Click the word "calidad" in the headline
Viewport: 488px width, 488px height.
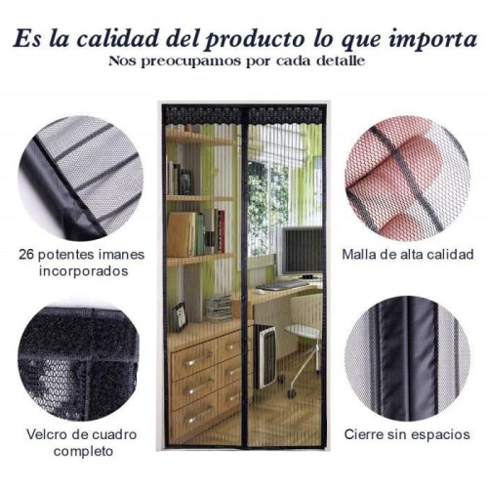point(118,39)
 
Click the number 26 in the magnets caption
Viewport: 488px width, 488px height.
point(26,254)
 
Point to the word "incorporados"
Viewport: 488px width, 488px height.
point(84,270)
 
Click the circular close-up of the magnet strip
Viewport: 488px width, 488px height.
point(81,179)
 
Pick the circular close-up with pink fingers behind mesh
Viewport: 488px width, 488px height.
point(407,179)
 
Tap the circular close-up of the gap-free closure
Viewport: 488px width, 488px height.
point(407,358)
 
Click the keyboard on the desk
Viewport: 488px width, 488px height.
point(282,285)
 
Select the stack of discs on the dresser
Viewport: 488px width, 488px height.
point(218,308)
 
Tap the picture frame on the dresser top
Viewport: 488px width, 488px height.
point(180,316)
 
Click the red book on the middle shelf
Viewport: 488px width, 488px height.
point(222,230)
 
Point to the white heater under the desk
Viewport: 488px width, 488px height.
point(265,355)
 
